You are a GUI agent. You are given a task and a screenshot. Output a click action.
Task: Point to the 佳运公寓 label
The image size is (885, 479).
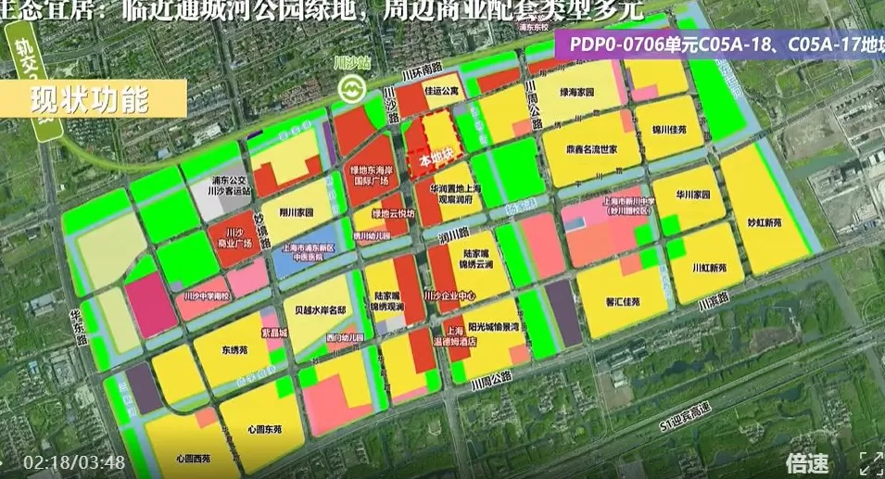442,91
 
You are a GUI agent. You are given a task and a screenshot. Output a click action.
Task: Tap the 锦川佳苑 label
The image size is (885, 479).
668,129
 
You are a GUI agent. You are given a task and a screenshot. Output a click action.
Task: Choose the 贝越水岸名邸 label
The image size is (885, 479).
318,310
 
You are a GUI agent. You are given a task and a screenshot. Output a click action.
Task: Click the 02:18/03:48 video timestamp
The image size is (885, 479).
74,461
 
